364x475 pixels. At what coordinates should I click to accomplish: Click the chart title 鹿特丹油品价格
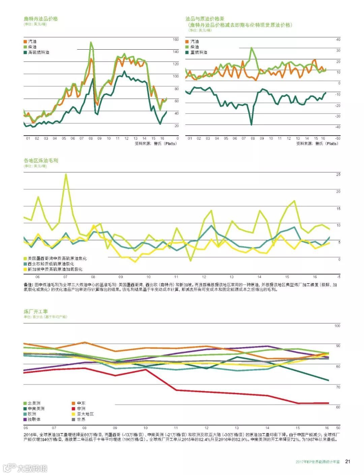click(41, 19)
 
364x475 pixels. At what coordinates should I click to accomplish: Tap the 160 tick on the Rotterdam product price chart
click(176, 39)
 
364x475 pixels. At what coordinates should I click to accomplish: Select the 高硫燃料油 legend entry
click(38, 52)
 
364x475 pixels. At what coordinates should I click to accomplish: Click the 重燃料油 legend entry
click(199, 52)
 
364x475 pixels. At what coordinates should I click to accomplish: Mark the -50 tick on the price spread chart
click(337, 138)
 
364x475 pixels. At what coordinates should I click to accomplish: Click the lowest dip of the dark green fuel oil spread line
click(251, 125)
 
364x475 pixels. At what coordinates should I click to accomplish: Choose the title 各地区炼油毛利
click(41, 160)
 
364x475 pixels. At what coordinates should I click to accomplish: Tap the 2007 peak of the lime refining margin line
click(66, 174)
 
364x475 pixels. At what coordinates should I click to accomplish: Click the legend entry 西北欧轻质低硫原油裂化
click(51, 264)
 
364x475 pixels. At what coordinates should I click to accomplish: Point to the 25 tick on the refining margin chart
click(338, 175)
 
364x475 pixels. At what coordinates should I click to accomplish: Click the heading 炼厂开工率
click(36, 311)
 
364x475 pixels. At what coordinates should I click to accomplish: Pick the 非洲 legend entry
click(81, 408)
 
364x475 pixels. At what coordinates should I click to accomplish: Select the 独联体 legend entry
click(34, 419)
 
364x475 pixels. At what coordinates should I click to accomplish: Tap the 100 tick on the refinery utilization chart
click(337, 326)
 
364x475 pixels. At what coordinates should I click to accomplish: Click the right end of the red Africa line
click(328, 403)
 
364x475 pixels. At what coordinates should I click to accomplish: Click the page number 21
click(348, 461)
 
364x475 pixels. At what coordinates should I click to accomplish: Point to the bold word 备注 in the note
click(28, 285)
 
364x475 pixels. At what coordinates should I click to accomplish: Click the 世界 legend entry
click(81, 419)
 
